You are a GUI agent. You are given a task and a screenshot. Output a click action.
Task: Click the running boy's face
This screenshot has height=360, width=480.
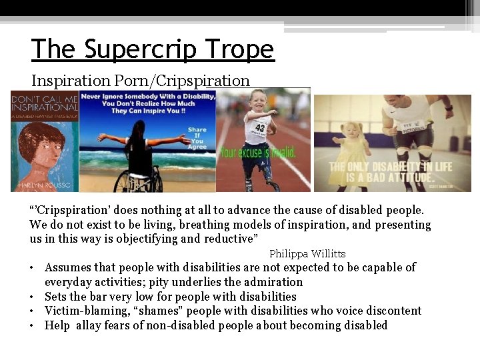pyautogui.click(x=258, y=104)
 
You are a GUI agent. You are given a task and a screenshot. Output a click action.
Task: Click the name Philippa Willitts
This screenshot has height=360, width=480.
pyautogui.click(x=307, y=253)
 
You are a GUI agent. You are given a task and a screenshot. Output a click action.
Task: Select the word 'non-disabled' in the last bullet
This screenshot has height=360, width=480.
pyautogui.click(x=187, y=325)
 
